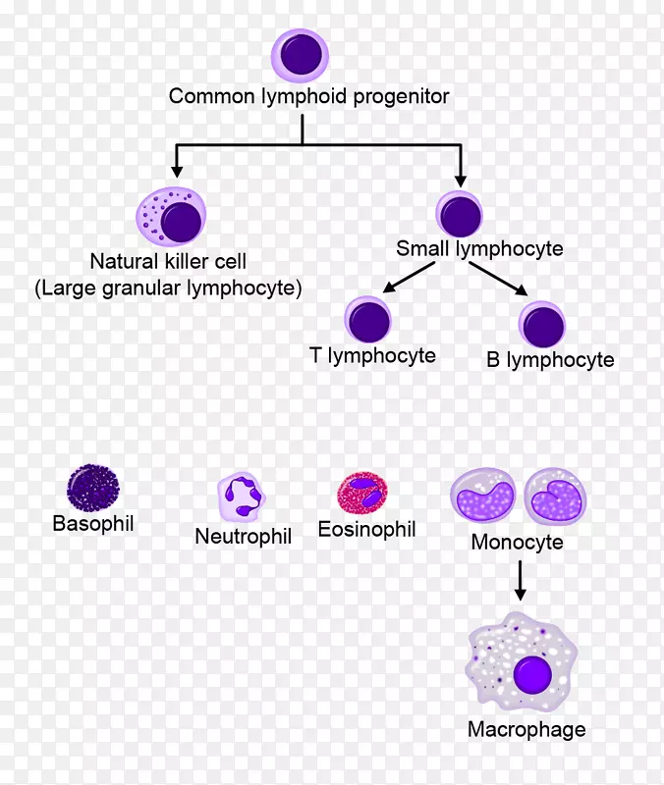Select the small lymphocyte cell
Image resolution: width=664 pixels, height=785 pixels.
(x=460, y=213)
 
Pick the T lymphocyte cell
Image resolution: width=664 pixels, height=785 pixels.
(x=368, y=321)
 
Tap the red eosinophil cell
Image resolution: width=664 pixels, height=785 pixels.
(x=362, y=496)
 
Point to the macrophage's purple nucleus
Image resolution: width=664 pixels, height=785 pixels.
(x=533, y=676)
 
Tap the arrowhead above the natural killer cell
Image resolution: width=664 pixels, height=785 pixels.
(x=178, y=167)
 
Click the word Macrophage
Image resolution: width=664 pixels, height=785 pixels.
(x=526, y=729)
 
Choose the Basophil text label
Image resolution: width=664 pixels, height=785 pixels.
(x=92, y=524)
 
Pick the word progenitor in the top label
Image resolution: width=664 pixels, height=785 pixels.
(x=403, y=96)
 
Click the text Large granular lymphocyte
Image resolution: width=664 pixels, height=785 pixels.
(x=168, y=288)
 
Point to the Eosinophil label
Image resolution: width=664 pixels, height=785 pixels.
(x=366, y=530)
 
